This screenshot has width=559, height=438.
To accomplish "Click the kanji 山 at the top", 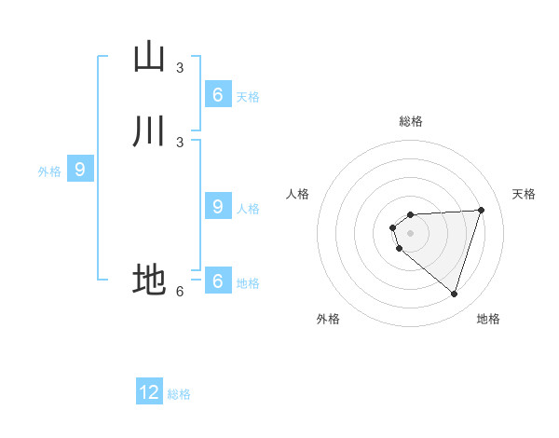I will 149,57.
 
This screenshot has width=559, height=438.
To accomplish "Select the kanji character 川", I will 149,131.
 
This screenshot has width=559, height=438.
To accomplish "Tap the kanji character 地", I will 149,280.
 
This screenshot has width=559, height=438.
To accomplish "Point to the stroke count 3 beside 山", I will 180,68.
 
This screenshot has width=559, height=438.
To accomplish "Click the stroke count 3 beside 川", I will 180,143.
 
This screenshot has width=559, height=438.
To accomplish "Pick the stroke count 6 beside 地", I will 180,292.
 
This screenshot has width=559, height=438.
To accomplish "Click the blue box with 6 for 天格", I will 217,95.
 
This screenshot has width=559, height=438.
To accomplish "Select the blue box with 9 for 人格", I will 217,207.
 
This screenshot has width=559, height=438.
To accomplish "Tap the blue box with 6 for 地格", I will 217,281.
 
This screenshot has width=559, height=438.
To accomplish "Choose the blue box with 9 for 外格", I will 80,170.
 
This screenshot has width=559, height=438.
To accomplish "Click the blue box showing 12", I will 149,392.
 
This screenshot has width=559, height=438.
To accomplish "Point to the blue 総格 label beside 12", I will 179,394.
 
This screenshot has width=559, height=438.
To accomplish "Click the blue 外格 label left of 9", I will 49,171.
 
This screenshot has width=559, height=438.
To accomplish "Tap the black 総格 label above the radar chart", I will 411,121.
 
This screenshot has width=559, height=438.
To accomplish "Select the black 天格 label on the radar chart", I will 524,194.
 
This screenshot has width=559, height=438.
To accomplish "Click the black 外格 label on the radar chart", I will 328,319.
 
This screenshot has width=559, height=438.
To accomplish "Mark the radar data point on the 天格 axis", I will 482,210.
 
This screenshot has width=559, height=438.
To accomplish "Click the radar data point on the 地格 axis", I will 454,294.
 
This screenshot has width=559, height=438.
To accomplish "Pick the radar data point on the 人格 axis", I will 393,227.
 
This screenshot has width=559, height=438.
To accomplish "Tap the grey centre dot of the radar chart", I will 410,233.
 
